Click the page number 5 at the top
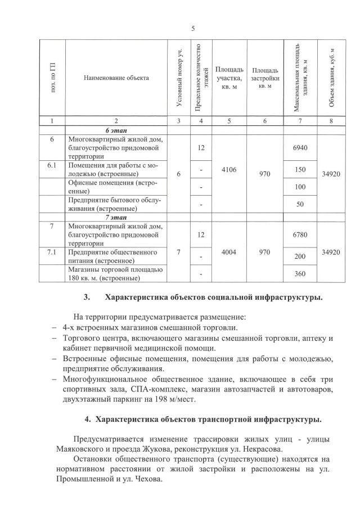192,29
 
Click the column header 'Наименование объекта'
116,78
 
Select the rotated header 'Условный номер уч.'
179,78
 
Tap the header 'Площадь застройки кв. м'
265,77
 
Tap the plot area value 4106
228,169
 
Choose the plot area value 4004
228,252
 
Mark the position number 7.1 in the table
52,253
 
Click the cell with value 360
299,273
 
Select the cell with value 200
299,256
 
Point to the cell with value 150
299,169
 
